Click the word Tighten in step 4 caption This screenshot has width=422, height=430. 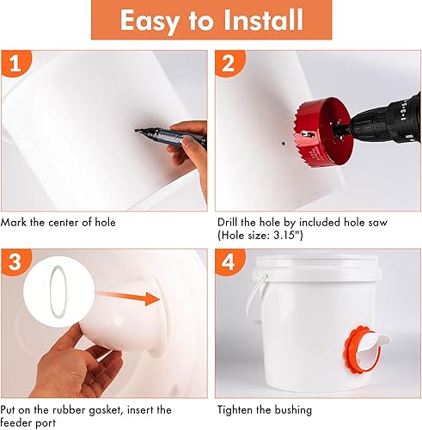(240, 410)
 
